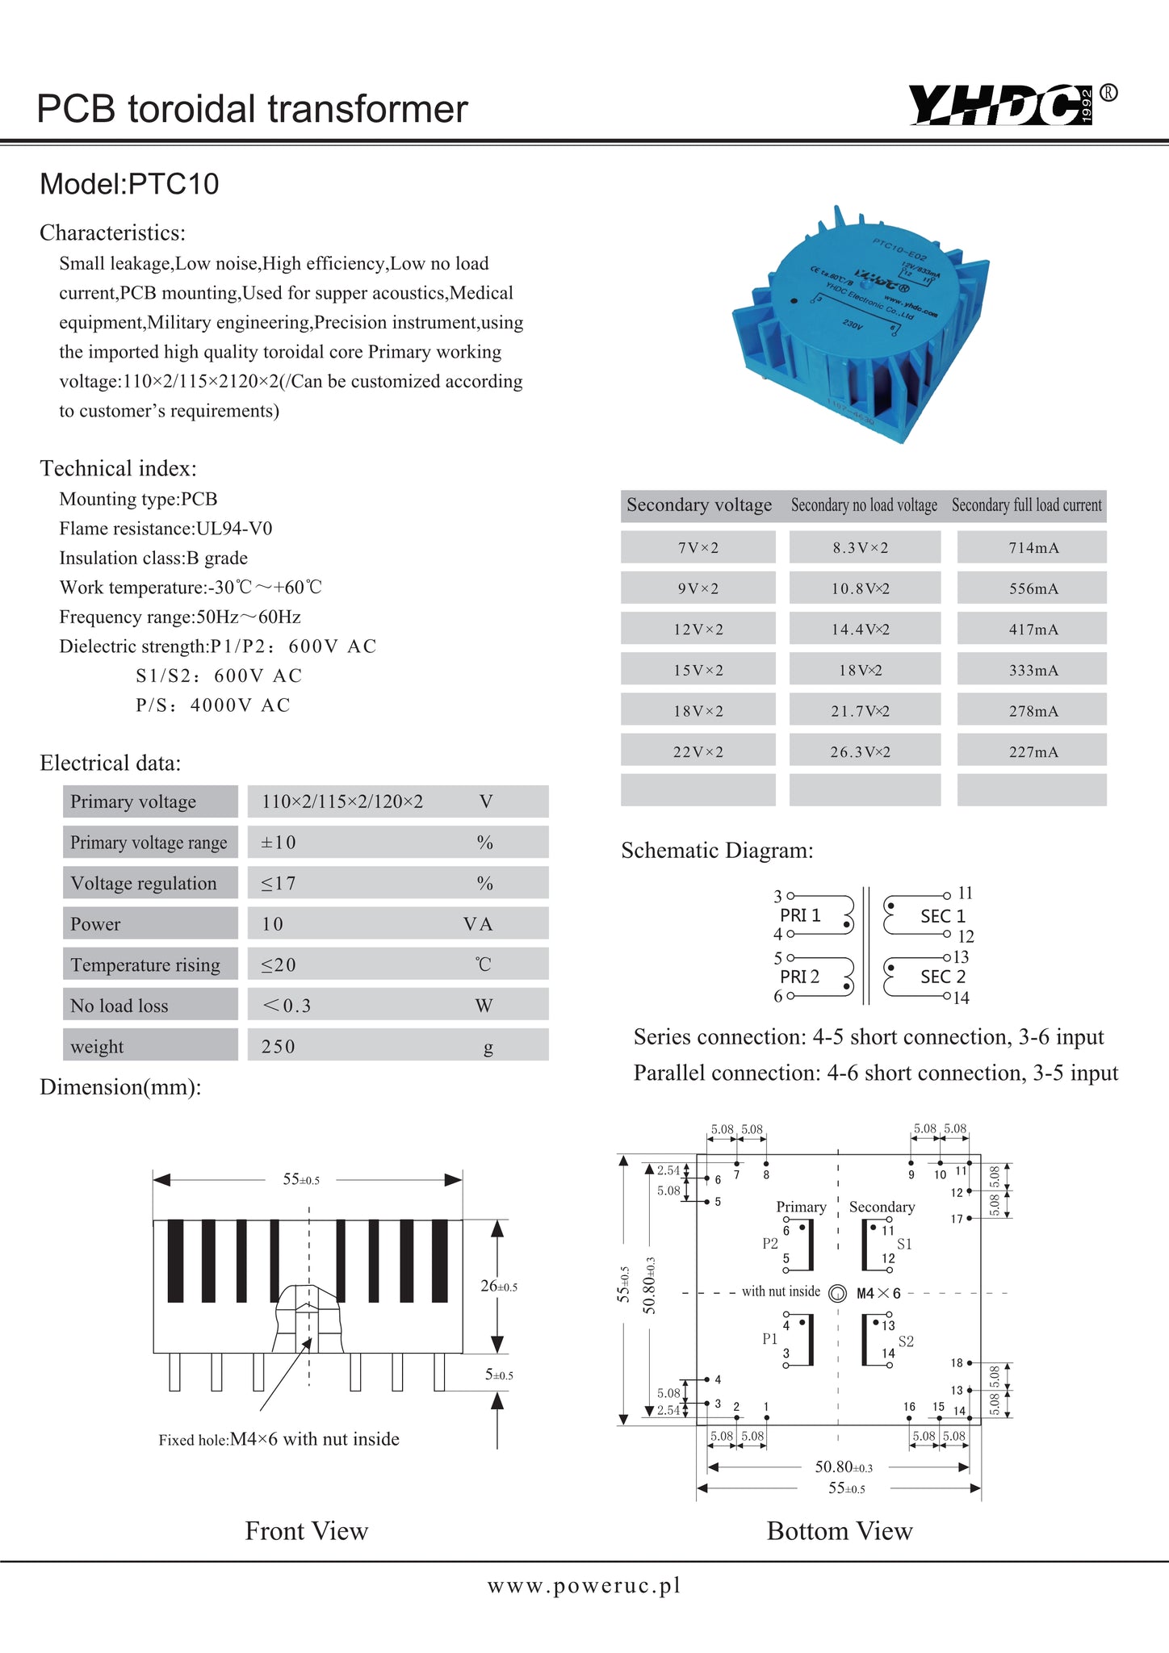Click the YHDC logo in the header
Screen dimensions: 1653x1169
coord(1001,105)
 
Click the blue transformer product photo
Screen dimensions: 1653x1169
coord(861,323)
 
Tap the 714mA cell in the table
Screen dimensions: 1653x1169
coord(1033,548)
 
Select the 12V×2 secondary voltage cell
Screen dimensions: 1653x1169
coord(698,630)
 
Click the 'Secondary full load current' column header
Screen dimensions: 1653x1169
coord(1026,505)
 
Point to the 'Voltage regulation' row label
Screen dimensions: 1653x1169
coord(144,884)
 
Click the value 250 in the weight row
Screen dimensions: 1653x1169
coord(279,1047)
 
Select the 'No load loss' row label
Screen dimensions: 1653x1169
coord(119,1006)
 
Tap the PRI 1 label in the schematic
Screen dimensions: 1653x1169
coord(800,915)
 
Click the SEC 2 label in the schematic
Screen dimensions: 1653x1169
coord(943,977)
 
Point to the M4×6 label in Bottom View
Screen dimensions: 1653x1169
coord(878,1294)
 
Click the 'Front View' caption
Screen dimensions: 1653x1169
coord(307,1531)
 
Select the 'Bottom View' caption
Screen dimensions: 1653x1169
coord(840,1531)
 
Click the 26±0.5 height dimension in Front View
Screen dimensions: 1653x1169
coord(499,1287)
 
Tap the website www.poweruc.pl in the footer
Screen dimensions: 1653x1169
coord(584,1586)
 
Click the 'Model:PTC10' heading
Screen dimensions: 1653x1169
coord(129,184)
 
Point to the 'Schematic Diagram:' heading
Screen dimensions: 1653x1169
coord(717,851)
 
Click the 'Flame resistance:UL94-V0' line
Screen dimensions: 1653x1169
coord(166,529)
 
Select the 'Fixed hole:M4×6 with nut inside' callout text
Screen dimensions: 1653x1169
coord(279,1439)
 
